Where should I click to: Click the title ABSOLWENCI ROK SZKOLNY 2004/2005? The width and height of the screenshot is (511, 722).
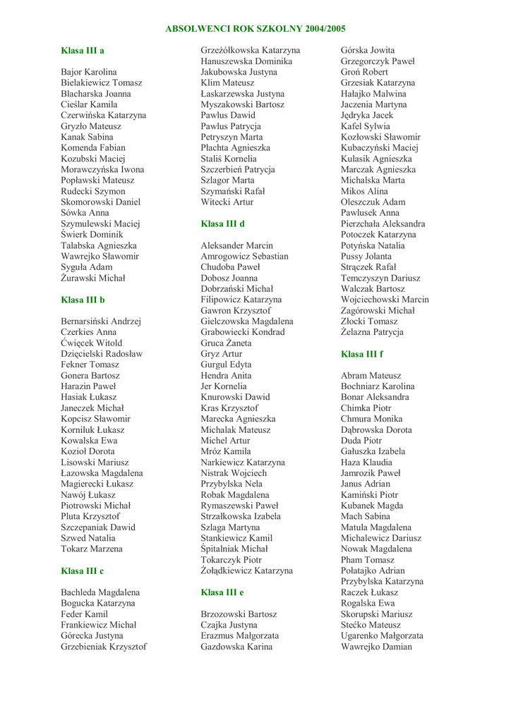tap(255, 29)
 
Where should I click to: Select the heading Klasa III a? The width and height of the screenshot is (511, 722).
tap(83, 51)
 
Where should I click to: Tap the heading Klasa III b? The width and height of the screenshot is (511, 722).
tap(83, 300)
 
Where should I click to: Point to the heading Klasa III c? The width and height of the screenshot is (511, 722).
tap(83, 570)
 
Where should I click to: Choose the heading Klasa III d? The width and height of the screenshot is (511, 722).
tap(222, 224)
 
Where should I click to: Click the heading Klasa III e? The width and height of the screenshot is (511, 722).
tap(222, 592)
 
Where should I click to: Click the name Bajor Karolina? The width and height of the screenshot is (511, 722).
tap(89, 72)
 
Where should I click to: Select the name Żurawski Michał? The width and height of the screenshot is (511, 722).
tap(93, 279)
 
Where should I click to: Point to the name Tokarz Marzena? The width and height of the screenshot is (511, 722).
tap(92, 549)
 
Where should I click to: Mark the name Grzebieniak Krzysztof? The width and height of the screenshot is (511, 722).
tap(104, 647)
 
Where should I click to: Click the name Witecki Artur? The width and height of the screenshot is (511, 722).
tap(227, 202)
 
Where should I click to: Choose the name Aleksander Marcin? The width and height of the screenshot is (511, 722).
tap(236, 245)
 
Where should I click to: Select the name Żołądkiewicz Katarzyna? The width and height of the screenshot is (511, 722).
tap(246, 570)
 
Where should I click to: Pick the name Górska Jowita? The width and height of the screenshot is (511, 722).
tap(368, 51)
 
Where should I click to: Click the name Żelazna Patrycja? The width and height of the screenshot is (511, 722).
tap(372, 332)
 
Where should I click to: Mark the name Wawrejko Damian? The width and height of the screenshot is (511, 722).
tap(376, 647)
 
